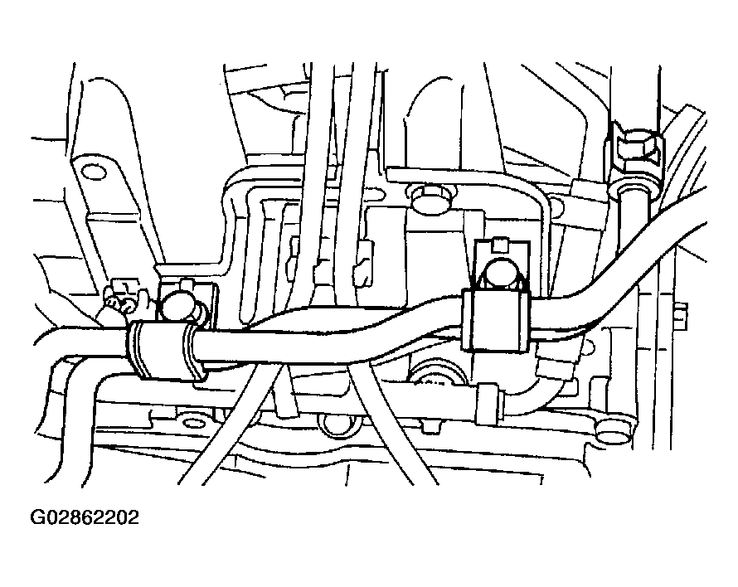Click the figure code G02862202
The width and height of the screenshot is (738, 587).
coord(85,517)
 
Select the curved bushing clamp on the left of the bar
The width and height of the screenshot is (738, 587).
coord(167,349)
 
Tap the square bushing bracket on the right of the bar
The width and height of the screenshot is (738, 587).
coord(496,321)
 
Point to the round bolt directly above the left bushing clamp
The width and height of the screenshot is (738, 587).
coord(179,308)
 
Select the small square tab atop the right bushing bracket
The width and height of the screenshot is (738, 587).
coord(500,245)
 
